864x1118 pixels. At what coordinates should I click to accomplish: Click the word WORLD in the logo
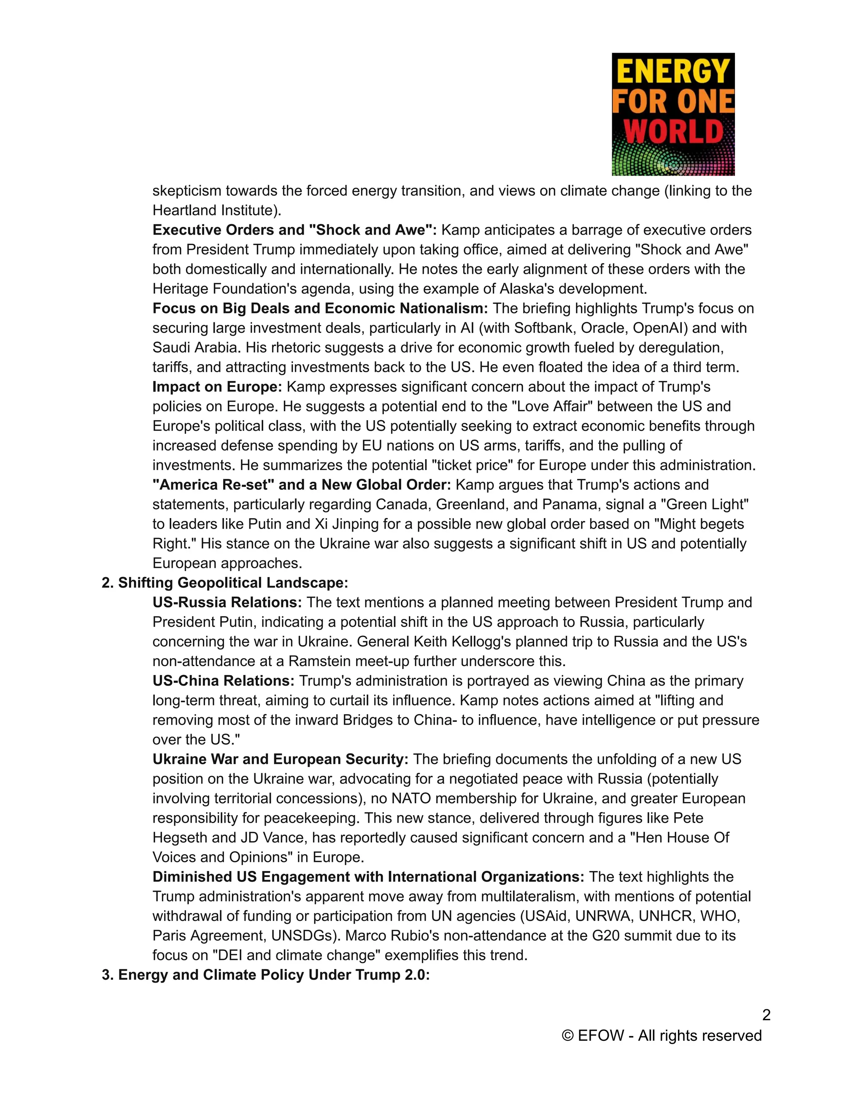[674, 132]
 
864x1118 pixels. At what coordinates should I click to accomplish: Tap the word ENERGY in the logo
[674, 71]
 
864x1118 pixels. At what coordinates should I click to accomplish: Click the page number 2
[766, 1015]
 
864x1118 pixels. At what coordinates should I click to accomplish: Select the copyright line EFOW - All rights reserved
[662, 1036]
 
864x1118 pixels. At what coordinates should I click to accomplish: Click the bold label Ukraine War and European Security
[280, 759]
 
